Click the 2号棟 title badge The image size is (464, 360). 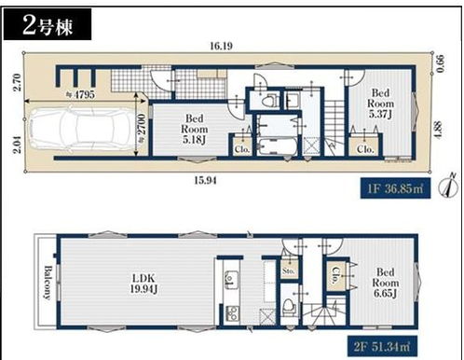tap(48, 24)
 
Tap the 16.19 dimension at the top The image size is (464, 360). tap(221, 46)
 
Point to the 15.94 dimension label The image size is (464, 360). tap(205, 180)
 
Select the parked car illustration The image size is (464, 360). tap(82, 129)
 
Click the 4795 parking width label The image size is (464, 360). tap(82, 94)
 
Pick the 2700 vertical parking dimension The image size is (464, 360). tap(141, 125)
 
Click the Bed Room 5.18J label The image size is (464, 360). tap(195, 129)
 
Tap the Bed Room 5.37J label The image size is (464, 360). tap(380, 104)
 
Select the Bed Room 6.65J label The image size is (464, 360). tap(386, 283)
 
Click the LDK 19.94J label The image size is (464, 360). tap(143, 284)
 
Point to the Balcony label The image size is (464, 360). tap(48, 282)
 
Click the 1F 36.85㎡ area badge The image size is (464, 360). tap(395, 188)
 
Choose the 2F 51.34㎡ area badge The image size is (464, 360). tap(382, 346)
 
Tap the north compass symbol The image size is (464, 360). tap(448, 187)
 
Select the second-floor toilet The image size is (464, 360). tap(289, 306)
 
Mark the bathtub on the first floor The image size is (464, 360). tap(278, 147)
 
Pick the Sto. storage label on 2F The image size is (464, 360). tap(289, 270)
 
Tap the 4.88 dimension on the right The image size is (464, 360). tap(438, 130)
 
